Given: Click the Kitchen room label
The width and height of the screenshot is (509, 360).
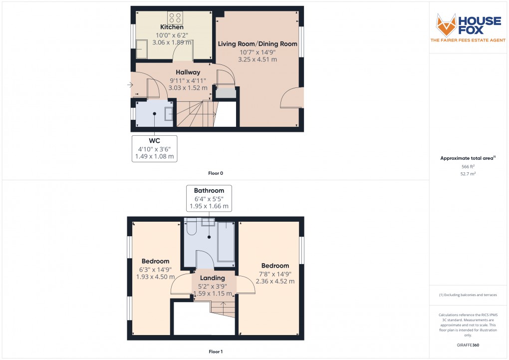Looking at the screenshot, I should coord(172,27).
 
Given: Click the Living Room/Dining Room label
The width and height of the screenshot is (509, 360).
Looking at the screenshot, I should coord(257,44).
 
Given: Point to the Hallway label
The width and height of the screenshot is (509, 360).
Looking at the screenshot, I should coord(187,72).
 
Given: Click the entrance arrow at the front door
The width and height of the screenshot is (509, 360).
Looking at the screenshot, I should coord(131,85).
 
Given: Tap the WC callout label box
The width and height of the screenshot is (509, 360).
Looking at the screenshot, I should coord(155,148).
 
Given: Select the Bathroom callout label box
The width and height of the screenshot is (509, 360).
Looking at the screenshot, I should coord(209,198).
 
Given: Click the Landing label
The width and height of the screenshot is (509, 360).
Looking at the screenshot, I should coord(213,278).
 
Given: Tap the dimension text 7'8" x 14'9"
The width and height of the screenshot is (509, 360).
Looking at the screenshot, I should coord(275,274).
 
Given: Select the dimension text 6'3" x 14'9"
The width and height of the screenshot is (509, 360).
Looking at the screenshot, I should coord(155,269).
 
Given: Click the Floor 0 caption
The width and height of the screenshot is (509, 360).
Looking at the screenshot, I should coord(216,173).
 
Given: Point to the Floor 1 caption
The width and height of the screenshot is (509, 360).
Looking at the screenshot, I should coord(216,352).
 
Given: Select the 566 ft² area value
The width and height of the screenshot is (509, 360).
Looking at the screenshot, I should coord(467,167).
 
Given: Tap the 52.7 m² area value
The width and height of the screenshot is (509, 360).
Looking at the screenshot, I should coord(467,174).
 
